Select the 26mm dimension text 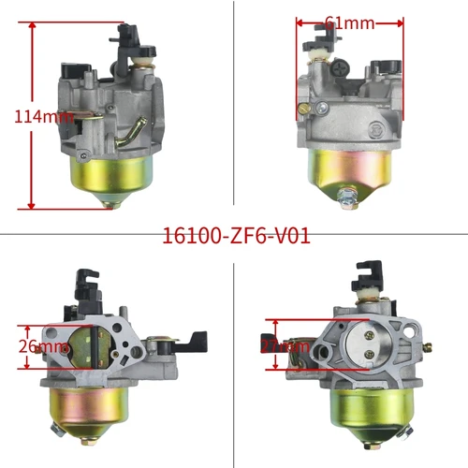(43, 345)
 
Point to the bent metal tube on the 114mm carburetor (127, 136)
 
